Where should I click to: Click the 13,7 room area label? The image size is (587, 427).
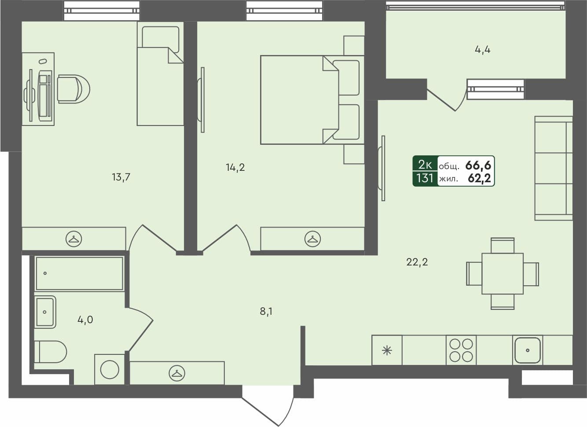pyautogui.click(x=121, y=177)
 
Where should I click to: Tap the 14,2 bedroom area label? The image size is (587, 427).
pyautogui.click(x=235, y=167)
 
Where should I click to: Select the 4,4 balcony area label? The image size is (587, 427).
pyautogui.click(x=482, y=50)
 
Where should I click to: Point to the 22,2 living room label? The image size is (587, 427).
pyautogui.click(x=417, y=262)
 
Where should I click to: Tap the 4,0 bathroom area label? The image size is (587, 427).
pyautogui.click(x=85, y=320)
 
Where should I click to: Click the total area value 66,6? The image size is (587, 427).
pyautogui.click(x=478, y=166)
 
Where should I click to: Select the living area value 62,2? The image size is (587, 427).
pyautogui.click(x=479, y=179)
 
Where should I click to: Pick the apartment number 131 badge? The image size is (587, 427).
pyautogui.click(x=425, y=179)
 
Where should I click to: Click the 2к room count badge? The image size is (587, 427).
pyautogui.click(x=425, y=165)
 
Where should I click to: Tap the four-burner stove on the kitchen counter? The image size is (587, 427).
pyautogui.click(x=461, y=350)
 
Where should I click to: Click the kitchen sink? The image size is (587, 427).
pyautogui.click(x=527, y=350)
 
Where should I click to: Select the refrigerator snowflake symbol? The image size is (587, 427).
pyautogui.click(x=387, y=350)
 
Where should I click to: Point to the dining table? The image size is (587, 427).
pyautogui.click(x=502, y=273)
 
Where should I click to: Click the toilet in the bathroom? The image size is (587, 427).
pyautogui.click(x=50, y=352)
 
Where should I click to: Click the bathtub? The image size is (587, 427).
pyautogui.click(x=79, y=273)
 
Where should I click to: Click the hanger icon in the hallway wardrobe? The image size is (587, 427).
pyautogui.click(x=177, y=373)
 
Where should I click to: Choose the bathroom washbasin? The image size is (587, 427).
pyautogui.click(x=45, y=312)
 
